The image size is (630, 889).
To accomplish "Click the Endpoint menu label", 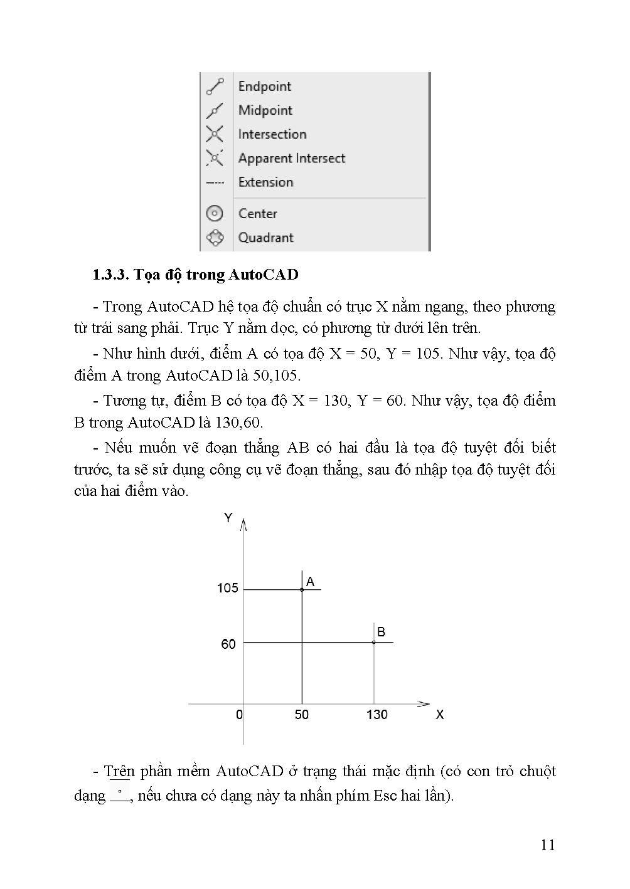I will (265, 87).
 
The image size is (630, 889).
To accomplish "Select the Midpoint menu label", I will (265, 110).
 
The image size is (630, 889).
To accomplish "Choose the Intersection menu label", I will (272, 134).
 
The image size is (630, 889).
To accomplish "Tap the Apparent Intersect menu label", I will (292, 158).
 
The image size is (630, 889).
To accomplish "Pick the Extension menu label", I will (265, 182).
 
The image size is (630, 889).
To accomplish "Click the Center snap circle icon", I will (215, 214).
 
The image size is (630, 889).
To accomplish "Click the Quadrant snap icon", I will (215, 238).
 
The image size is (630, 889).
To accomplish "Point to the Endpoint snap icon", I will (215, 87).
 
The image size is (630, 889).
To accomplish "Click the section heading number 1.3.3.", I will (110, 275).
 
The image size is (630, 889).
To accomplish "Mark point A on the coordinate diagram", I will (302, 589).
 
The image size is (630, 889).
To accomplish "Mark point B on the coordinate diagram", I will (374, 642).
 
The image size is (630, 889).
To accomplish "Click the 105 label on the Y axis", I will (228, 588).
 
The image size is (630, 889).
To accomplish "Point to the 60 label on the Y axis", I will (228, 644).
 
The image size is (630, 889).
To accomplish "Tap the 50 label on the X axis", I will (302, 715).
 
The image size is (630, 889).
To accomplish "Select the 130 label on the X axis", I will (377, 715).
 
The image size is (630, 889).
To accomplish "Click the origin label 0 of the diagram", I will (239, 715).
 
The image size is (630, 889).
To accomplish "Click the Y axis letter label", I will (228, 518).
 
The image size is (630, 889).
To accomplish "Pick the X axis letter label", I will (440, 715).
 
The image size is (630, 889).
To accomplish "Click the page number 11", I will (548, 845).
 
